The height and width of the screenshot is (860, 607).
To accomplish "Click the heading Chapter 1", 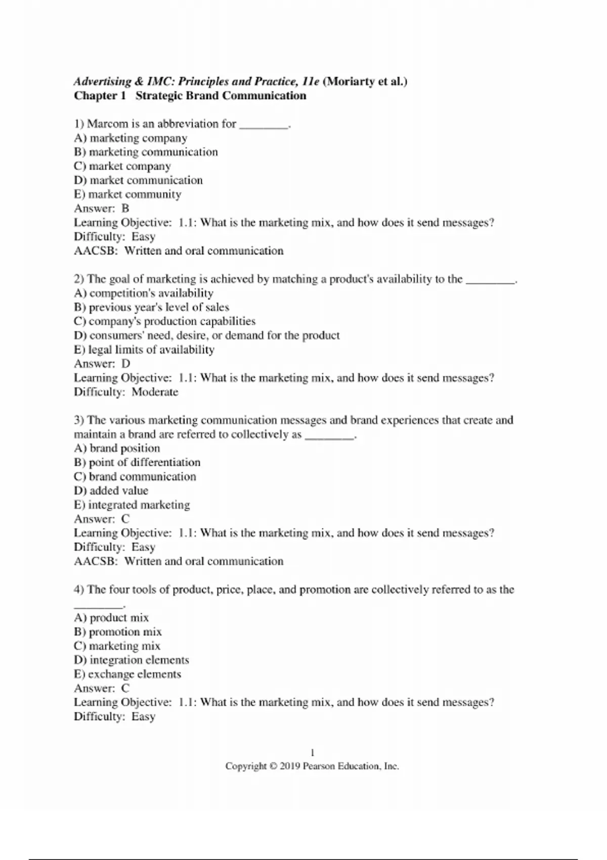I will click(x=100, y=96).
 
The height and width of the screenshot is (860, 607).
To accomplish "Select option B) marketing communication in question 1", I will click(x=146, y=152).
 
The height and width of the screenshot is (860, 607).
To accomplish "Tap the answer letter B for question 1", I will click(x=125, y=208).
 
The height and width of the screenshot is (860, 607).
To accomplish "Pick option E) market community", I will click(x=127, y=194).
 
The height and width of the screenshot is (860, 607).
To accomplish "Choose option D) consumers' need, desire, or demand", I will click(x=206, y=335).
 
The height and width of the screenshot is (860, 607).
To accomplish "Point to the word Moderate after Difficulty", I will click(x=155, y=392).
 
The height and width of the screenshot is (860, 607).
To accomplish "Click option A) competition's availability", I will click(x=144, y=293).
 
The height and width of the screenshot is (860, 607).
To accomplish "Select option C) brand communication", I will click(x=135, y=477).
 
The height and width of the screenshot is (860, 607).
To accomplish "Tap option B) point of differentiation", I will click(x=137, y=462).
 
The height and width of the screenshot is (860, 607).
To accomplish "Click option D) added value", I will click(x=111, y=491).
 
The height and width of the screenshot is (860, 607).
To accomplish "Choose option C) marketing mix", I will click(x=117, y=646).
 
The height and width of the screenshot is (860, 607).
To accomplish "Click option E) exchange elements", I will click(x=127, y=674).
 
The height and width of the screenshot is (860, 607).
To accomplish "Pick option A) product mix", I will click(x=111, y=618).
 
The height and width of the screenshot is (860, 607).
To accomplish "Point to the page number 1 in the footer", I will click(x=312, y=752).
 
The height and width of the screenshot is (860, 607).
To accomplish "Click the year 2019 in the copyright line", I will click(x=290, y=766).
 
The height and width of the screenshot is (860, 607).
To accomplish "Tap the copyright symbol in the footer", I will click(x=273, y=766).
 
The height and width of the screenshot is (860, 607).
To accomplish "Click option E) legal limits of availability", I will click(x=144, y=350).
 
